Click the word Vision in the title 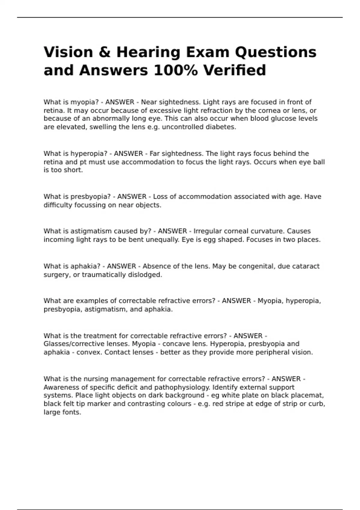68,52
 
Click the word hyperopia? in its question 89,154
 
